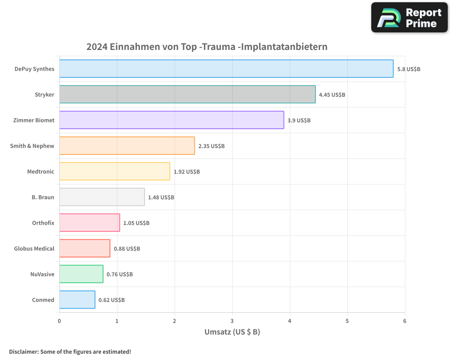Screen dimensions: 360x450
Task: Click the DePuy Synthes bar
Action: click(x=226, y=69)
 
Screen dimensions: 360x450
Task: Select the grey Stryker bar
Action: click(x=187, y=94)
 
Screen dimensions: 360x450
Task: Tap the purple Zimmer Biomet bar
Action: click(x=171, y=120)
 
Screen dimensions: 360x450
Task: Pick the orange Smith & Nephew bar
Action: click(x=127, y=146)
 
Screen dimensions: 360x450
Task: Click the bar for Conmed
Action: click(x=77, y=300)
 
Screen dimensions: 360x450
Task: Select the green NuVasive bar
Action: click(x=81, y=274)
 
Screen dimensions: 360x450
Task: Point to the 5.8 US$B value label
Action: click(x=409, y=69)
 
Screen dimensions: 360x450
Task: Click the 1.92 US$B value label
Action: click(x=187, y=172)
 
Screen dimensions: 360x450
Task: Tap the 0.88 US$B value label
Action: click(x=126, y=248)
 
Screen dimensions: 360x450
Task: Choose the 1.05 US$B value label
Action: click(x=136, y=223)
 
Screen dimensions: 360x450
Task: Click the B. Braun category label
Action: click(x=43, y=197)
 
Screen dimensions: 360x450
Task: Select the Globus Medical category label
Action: click(x=34, y=248)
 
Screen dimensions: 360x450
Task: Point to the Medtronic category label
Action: click(x=40, y=171)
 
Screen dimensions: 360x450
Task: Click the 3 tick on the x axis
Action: click(x=232, y=321)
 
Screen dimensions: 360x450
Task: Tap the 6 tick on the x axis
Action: click(x=405, y=321)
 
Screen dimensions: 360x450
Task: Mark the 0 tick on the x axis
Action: click(x=59, y=321)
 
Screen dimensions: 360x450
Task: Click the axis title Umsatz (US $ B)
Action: click(x=232, y=332)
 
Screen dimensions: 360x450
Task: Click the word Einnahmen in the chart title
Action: click(x=135, y=47)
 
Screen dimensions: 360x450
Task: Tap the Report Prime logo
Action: click(x=409, y=18)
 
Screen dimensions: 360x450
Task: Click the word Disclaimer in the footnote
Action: click(x=23, y=351)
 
